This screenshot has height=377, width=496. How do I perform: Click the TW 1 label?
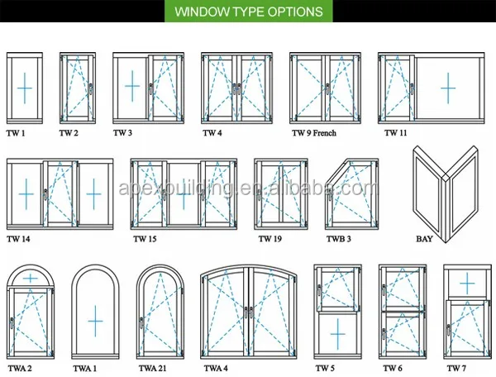(16, 132)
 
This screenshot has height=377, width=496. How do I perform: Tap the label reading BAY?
(424, 240)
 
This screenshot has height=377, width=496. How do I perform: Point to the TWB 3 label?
(338, 239)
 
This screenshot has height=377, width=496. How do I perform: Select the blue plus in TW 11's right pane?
(447, 87)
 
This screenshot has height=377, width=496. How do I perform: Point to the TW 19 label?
(270, 239)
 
